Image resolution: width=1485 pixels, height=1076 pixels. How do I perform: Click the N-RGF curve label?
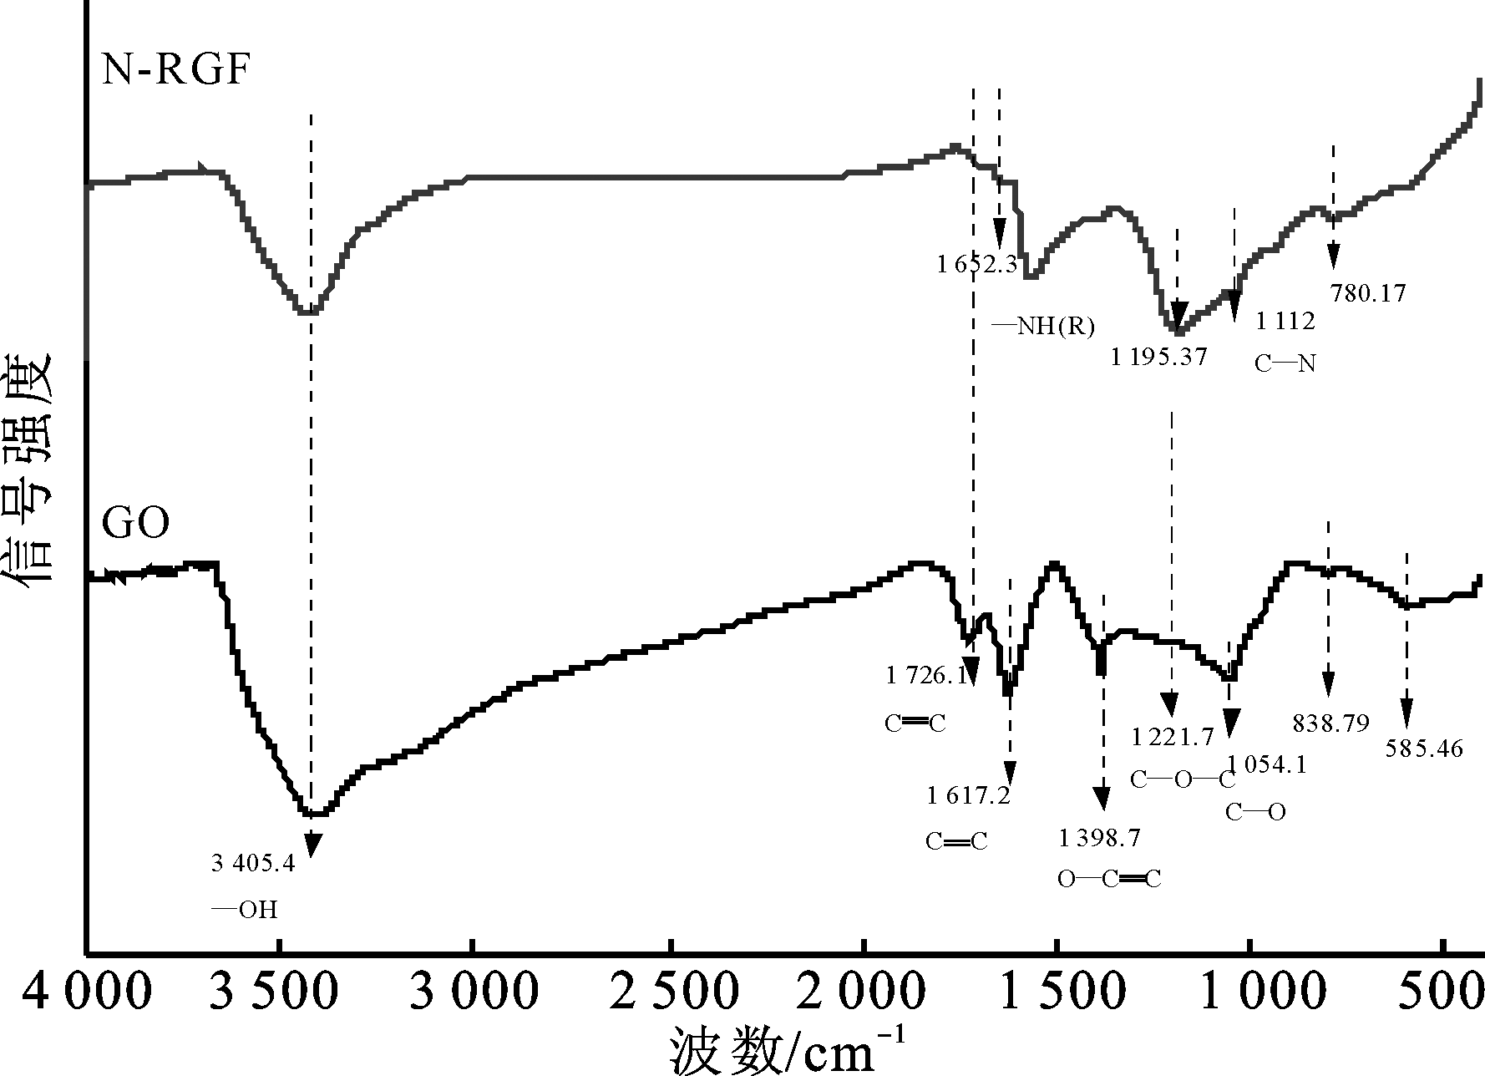175,71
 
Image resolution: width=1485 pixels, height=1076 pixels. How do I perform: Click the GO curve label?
135,525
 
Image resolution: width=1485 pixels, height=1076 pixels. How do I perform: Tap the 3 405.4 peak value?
253,864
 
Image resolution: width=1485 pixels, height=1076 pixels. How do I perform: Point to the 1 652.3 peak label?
976,266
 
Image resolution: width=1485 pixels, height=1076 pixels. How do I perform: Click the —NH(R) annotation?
1042,326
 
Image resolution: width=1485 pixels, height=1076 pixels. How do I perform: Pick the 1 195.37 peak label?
1158,358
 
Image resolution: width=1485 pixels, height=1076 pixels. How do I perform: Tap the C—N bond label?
1285,363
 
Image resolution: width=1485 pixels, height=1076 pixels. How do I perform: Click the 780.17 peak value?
1367,293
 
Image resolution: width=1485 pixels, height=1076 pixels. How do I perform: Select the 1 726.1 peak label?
927,675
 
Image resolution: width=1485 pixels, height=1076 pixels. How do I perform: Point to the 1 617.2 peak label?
968,795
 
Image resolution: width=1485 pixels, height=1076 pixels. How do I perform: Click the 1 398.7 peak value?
1099,837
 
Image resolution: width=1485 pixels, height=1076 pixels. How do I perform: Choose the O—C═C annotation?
1108,879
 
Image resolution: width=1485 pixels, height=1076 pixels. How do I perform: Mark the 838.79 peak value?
1331,723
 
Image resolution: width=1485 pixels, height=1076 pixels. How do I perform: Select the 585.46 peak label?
1424,749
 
